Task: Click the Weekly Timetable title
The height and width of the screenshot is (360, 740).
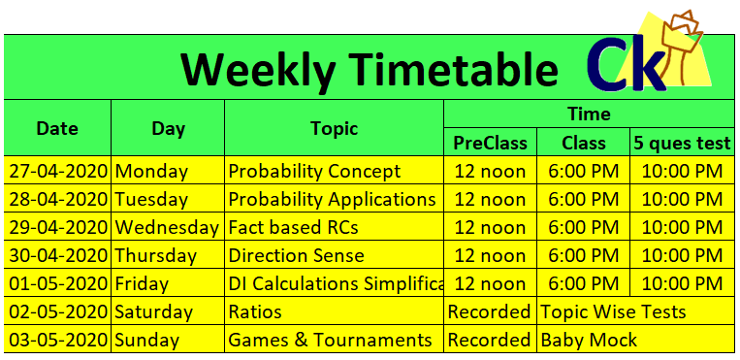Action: tap(370, 69)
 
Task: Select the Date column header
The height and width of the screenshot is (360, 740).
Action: tap(57, 128)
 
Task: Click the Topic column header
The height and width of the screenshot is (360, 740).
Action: tap(335, 128)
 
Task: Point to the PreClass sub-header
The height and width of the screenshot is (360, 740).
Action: tap(490, 143)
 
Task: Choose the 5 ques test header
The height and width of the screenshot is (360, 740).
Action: tap(682, 143)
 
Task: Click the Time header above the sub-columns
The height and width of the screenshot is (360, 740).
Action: tap(589, 114)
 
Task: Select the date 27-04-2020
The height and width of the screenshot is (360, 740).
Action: tap(57, 171)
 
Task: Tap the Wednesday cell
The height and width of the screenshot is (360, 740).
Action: tap(167, 228)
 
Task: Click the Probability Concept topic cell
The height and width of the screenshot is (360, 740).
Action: tap(314, 171)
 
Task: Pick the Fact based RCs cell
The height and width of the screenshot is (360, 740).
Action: tap(293, 228)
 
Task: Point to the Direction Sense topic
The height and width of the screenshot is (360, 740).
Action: tap(296, 255)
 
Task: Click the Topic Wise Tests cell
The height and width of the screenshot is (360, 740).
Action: tap(613, 311)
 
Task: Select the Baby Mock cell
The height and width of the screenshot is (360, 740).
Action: tap(589, 340)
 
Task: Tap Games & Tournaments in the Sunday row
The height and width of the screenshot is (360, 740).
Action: tap(330, 340)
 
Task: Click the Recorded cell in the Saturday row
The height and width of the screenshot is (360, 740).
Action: tap(489, 311)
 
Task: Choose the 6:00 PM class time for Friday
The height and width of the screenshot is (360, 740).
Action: tap(583, 283)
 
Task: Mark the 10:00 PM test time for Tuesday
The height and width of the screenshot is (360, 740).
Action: tap(682, 199)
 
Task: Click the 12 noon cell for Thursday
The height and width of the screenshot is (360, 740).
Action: tap(490, 255)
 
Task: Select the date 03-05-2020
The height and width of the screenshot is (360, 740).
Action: tap(57, 340)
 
